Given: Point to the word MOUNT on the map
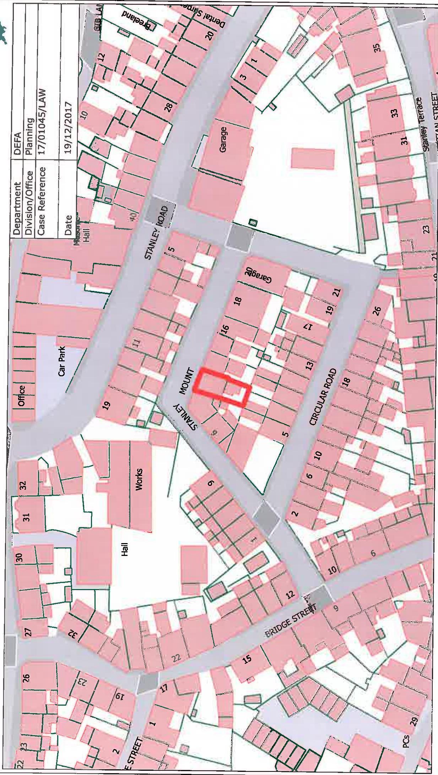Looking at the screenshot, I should tap(188, 381).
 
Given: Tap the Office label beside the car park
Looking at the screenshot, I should tap(22, 396).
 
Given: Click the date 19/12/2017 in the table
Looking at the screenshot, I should tap(68, 128).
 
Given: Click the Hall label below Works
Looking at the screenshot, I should tap(125, 550).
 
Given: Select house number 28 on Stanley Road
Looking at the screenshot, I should tap(168, 106).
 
